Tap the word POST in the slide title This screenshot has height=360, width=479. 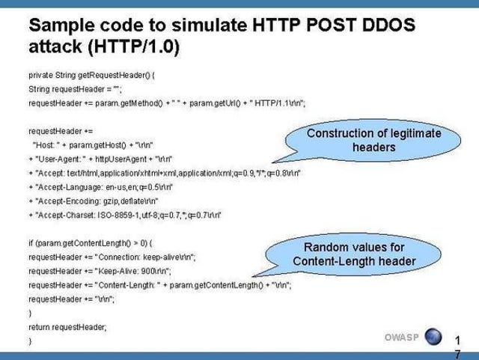(331, 25)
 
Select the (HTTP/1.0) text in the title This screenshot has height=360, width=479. (134, 46)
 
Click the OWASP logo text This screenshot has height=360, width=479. (402, 338)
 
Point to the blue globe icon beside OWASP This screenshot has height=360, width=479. (433, 337)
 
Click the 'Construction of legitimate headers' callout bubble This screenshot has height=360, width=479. (374, 140)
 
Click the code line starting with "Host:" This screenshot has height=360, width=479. (93, 145)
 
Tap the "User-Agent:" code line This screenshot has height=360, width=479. (100, 159)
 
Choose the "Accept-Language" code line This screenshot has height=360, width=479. (101, 187)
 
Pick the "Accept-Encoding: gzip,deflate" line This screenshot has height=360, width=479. (94, 201)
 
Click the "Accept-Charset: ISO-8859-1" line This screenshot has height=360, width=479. (125, 215)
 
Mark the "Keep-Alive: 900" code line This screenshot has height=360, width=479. (100, 272)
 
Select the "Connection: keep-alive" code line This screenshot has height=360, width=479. (112, 257)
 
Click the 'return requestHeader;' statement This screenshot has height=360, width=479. (67, 327)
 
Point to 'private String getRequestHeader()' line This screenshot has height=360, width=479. (91, 75)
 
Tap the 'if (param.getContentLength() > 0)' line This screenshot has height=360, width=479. (91, 243)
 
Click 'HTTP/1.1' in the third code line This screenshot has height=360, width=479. (272, 103)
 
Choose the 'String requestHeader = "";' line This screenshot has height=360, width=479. (75, 89)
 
